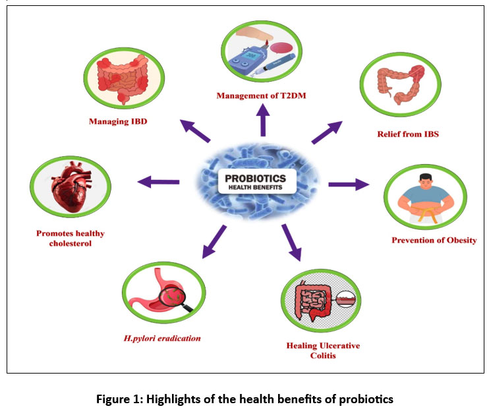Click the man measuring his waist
[424, 195]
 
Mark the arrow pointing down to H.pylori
[214, 241]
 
